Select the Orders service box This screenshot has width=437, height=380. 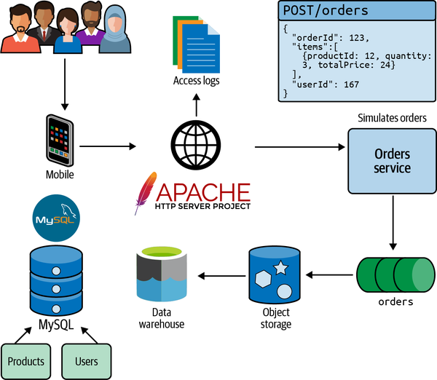click(x=393, y=162)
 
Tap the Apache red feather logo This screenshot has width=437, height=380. click(x=146, y=192)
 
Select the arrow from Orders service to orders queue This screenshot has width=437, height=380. click(x=393, y=222)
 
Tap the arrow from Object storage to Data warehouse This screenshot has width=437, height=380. click(x=221, y=275)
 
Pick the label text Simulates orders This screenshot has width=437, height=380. click(x=392, y=118)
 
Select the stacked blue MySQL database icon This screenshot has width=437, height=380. click(x=56, y=277)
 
